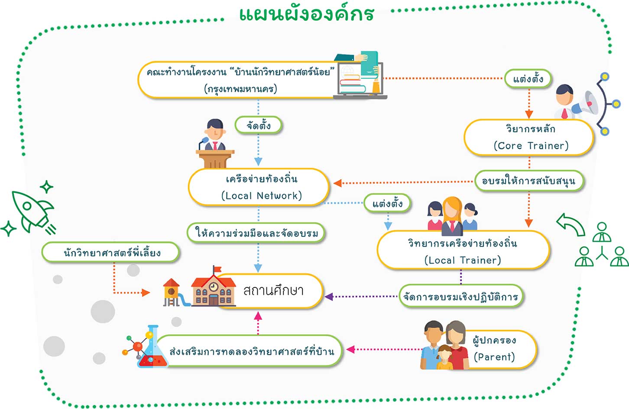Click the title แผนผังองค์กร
click(x=307, y=14)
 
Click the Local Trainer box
click(x=463, y=251)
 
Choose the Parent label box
click(x=498, y=349)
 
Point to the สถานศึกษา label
click(x=273, y=290)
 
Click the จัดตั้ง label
click(x=259, y=126)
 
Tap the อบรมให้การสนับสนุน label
click(x=528, y=181)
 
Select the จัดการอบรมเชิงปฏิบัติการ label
click(x=460, y=296)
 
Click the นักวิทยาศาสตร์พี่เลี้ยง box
click(x=111, y=252)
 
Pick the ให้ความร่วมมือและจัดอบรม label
click(x=256, y=233)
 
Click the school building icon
click(x=213, y=287)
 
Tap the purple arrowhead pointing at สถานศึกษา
click(x=329, y=297)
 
